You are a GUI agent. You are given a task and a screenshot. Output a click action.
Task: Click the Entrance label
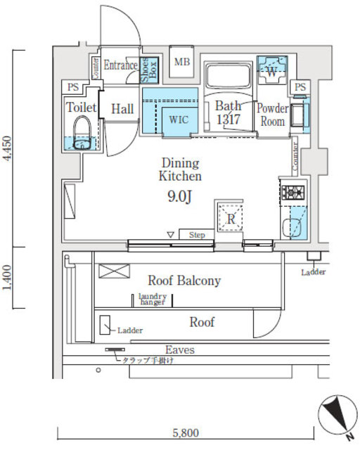click(120, 65)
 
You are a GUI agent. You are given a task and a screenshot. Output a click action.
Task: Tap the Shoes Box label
click(148, 70)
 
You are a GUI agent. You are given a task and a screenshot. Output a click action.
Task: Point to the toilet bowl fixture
click(82, 134)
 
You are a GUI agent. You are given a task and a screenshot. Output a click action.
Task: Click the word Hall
click(122, 108)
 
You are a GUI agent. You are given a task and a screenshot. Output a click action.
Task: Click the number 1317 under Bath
click(229, 120)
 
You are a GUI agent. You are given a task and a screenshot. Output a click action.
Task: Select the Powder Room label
click(272, 115)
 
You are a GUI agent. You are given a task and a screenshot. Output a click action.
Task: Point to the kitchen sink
click(292, 228)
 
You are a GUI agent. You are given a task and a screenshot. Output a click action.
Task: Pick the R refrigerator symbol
click(229, 219)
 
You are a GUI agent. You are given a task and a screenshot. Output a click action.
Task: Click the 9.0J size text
click(179, 197)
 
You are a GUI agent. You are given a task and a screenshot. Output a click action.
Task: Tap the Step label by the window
click(197, 235)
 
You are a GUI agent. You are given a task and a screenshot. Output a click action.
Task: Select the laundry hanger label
click(152, 300)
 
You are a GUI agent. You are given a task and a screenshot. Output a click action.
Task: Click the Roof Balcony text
click(184, 281)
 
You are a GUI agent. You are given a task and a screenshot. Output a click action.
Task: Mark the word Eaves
click(180, 349)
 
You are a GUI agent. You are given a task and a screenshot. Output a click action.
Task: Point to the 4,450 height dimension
click(7, 148)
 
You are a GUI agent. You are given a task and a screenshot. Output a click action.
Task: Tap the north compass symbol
click(335, 416)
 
